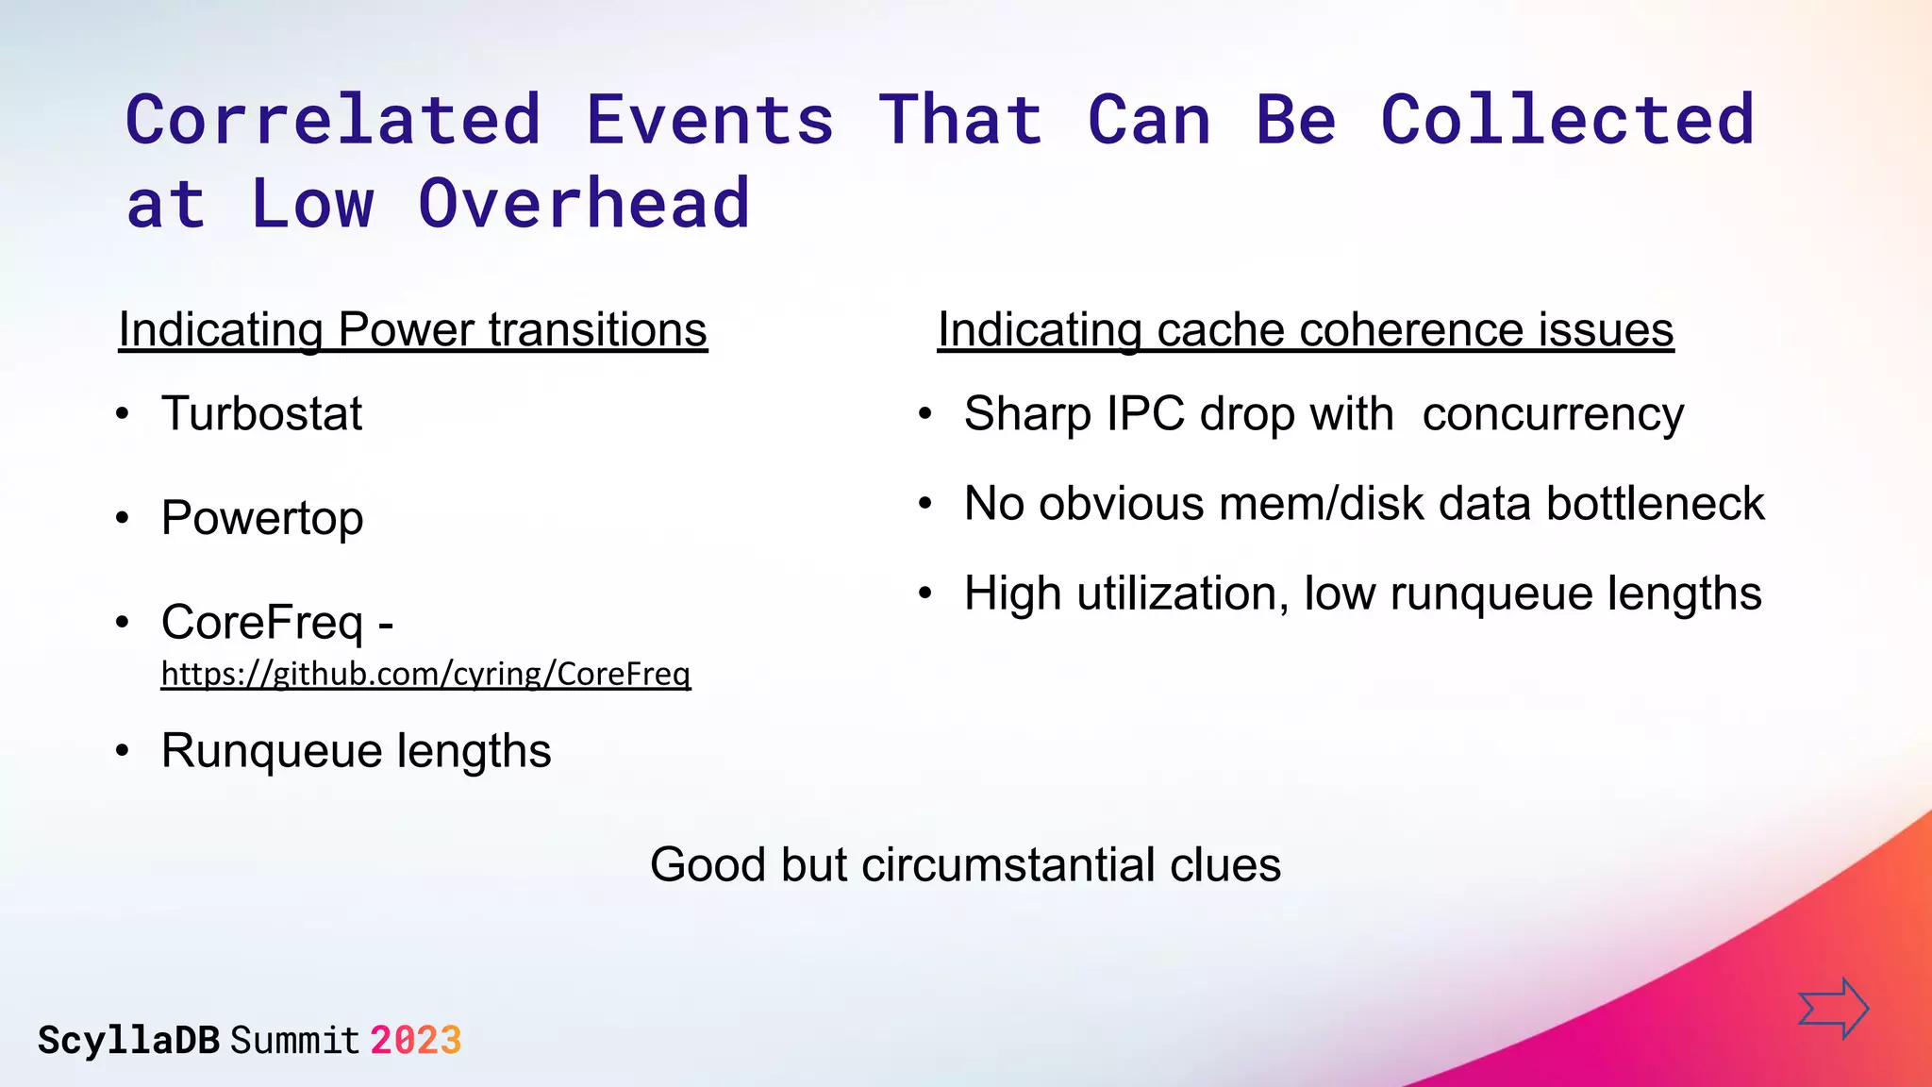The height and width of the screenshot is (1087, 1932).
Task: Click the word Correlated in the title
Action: tap(334, 121)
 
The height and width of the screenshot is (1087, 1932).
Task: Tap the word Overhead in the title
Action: tap(584, 204)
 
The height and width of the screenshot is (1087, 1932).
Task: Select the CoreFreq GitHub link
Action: tap(425, 674)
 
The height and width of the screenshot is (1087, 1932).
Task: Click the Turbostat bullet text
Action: tap(261, 413)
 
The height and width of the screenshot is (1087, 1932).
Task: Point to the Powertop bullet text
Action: tap(262, 518)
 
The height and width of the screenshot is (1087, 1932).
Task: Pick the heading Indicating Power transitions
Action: tap(412, 330)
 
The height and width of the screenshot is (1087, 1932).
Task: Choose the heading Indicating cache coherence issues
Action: tap(1306, 330)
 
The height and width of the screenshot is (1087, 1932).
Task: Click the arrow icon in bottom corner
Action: tap(1833, 1008)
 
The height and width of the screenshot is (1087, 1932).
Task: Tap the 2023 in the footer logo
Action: tap(415, 1041)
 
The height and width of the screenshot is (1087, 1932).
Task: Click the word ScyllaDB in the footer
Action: tap(128, 1041)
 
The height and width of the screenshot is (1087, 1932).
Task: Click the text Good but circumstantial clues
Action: tap(965, 864)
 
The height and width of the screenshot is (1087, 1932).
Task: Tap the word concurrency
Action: tap(1553, 413)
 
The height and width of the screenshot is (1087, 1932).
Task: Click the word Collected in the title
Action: tap(1567, 121)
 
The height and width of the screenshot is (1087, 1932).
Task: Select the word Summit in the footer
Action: tap(295, 1041)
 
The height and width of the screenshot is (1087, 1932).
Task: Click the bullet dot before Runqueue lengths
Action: tap(122, 752)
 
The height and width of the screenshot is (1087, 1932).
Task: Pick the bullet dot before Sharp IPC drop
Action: tap(925, 414)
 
